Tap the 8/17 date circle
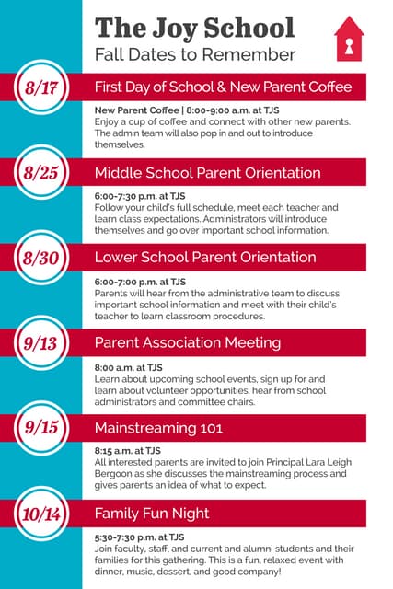[x=41, y=88]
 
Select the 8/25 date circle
[x=41, y=173]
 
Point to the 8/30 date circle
[x=41, y=258]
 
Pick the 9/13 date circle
[x=41, y=343]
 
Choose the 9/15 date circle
[x=41, y=428]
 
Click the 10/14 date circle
[x=41, y=513]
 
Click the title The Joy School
[x=194, y=28]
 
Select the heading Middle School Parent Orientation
[x=207, y=173]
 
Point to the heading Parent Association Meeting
[x=188, y=343]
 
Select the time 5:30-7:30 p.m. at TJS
[x=139, y=536]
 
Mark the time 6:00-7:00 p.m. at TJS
[x=140, y=281]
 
